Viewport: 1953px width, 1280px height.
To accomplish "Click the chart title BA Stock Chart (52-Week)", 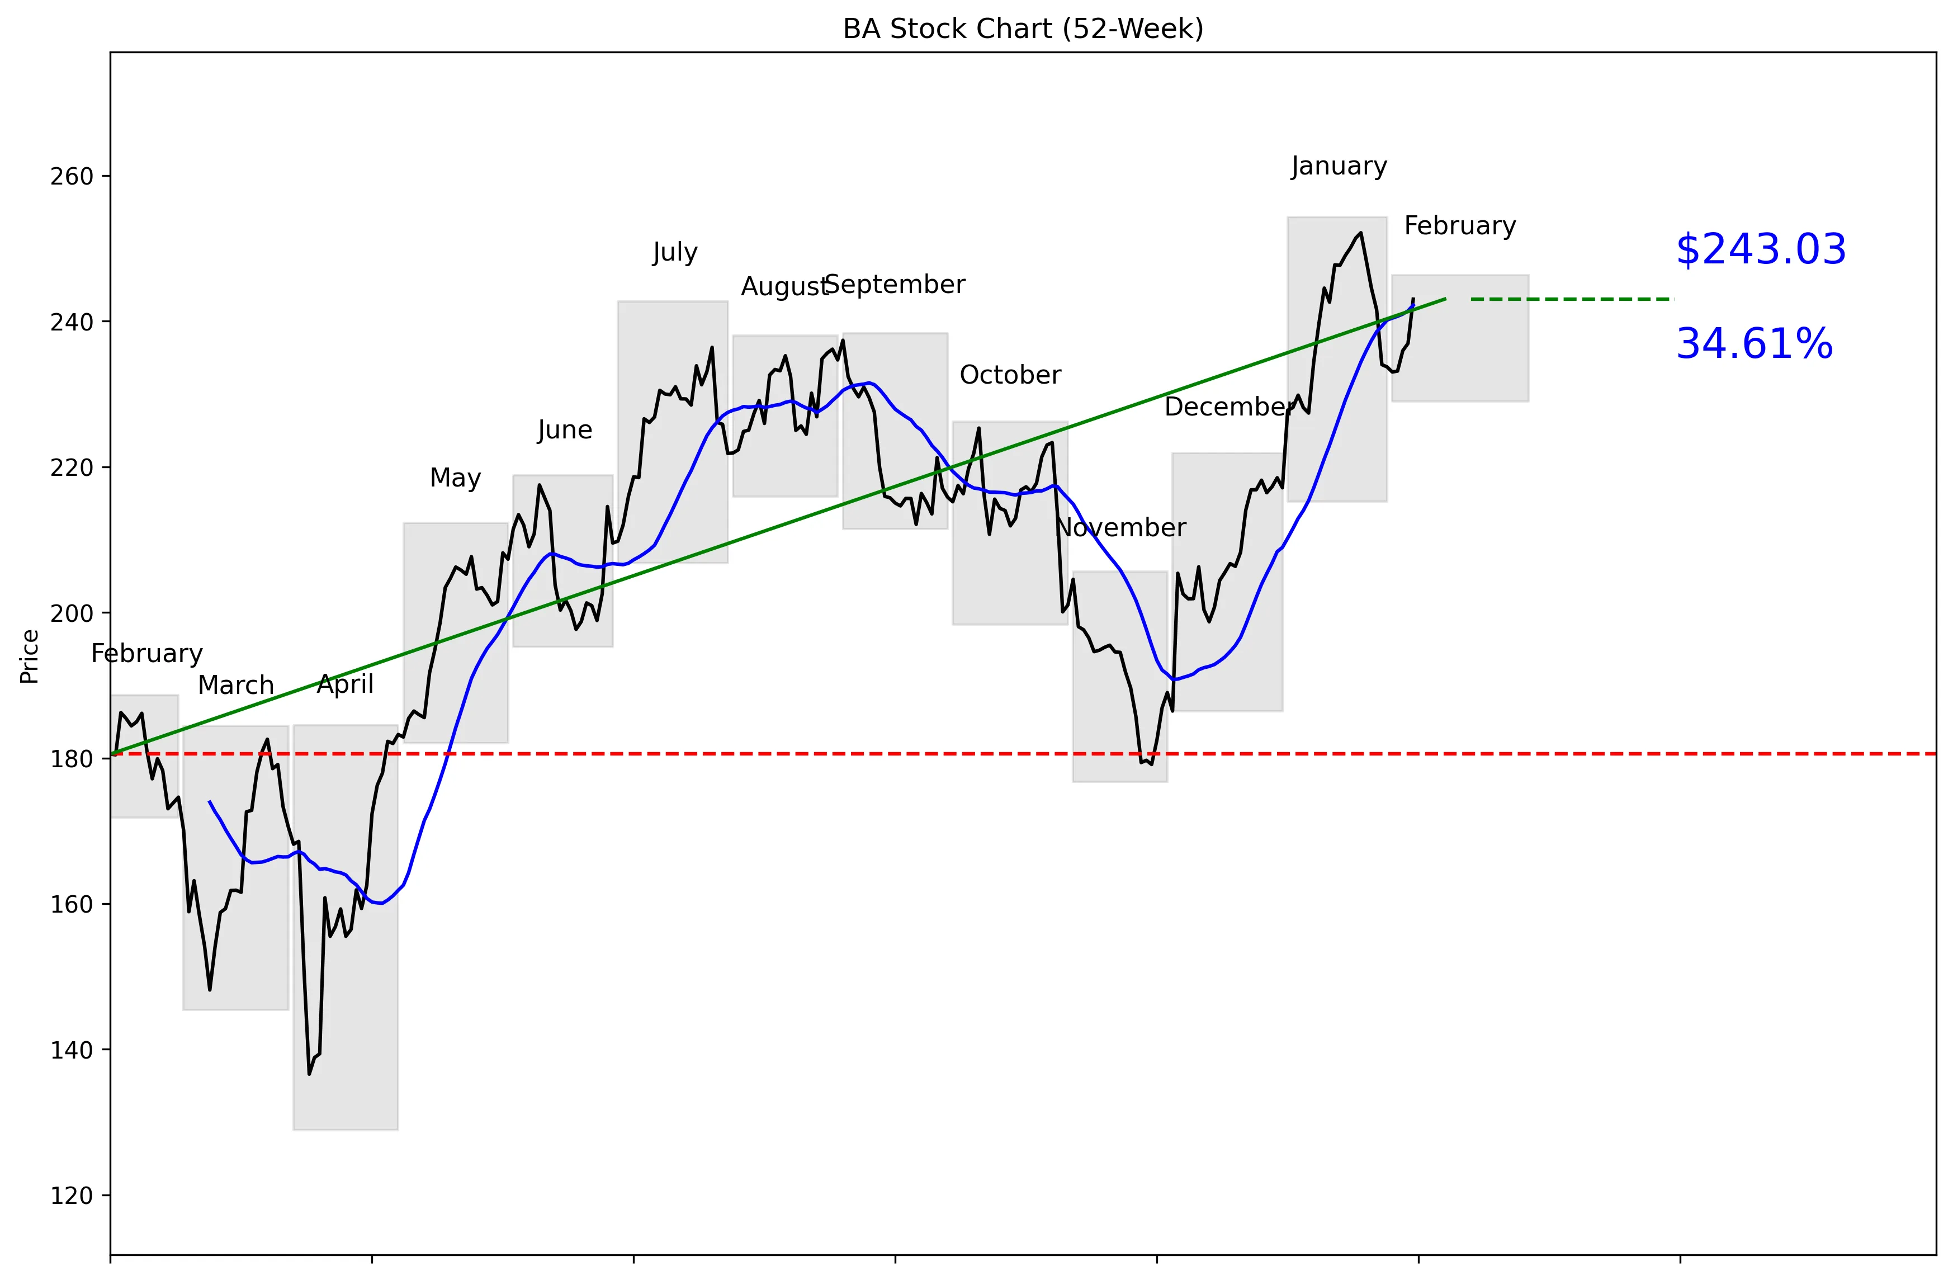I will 1023,29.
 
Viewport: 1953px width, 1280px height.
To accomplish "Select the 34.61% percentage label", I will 1753,344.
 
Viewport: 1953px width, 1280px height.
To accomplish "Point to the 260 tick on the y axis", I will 72,176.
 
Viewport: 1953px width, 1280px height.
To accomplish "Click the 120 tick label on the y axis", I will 72,1196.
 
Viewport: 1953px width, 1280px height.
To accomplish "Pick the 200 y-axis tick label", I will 72,613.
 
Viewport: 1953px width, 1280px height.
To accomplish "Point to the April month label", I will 346,684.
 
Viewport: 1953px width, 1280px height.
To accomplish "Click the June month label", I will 565,430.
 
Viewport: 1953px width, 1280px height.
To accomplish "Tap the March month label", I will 235,685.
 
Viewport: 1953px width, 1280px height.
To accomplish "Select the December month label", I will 1228,407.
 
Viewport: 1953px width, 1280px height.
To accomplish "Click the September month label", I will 895,285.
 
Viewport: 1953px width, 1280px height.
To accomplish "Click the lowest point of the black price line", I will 309,1073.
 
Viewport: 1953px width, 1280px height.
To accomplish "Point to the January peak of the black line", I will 1361,233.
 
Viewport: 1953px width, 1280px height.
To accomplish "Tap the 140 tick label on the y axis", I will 72,1050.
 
